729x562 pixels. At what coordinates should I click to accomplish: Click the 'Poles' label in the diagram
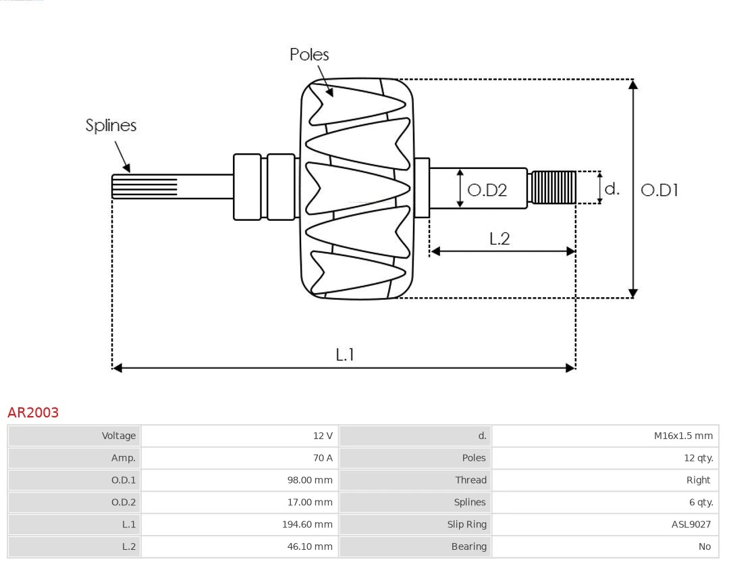coord(309,55)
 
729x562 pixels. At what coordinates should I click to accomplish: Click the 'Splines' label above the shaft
coord(111,126)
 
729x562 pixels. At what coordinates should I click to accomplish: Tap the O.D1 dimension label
coord(659,190)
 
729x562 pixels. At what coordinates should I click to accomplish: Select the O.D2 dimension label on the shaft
coord(487,190)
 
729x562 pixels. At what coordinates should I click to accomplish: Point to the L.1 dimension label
coord(345,354)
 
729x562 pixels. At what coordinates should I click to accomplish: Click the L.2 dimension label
coord(499,238)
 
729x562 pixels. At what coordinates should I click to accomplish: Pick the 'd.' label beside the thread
coord(612,188)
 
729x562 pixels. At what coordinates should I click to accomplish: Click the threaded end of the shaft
coord(553,187)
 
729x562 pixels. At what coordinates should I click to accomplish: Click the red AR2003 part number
coord(33,413)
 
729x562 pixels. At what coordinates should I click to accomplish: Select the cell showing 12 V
coord(323,436)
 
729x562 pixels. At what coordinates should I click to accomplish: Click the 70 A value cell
coord(323,458)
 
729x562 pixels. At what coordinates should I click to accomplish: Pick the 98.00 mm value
coord(309,480)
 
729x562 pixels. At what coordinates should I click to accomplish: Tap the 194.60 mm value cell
coord(307,524)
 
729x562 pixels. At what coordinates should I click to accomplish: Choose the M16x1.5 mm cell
coord(683,436)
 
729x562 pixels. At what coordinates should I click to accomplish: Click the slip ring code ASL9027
coord(691,524)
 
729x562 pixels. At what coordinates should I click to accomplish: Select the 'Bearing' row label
coord(468,546)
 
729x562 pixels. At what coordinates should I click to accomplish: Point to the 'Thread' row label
coord(470,480)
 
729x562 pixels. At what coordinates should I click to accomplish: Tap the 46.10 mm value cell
coord(310,546)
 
